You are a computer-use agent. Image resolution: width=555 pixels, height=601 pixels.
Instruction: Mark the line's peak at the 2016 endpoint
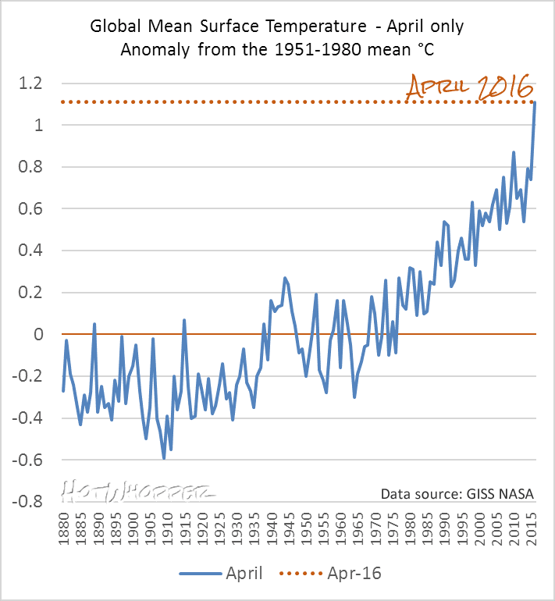[535, 102]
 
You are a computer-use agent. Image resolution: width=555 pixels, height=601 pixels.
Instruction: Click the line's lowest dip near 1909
[164, 458]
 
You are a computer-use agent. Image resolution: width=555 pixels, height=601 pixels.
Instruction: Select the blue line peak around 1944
[285, 277]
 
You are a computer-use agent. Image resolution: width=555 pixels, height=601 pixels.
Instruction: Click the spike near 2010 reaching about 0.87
[514, 152]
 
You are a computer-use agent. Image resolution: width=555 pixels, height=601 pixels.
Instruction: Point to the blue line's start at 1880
[63, 390]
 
